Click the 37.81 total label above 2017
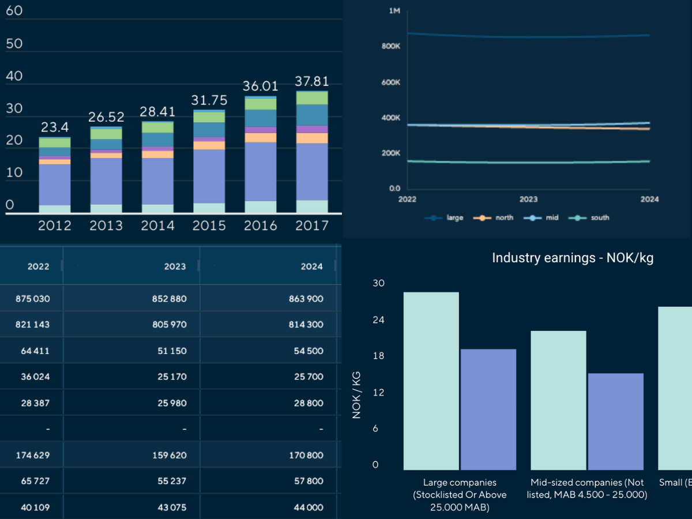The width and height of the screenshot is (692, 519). pos(312,80)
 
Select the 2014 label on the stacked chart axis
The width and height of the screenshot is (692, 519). pos(157,225)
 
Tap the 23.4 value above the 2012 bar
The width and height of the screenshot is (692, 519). pos(55,127)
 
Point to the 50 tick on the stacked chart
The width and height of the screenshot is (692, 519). pos(14,44)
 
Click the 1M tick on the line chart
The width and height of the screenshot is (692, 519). pos(394,11)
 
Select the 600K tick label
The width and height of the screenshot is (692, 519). pos(391,82)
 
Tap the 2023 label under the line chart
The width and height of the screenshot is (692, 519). pos(528,200)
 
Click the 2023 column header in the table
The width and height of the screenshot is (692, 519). pos(175,266)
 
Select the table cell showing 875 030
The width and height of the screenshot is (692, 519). pos(32,299)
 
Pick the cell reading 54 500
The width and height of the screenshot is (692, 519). pos(309,351)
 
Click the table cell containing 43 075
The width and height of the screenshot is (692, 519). pos(171,507)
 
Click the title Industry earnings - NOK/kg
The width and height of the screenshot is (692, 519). pos(572,258)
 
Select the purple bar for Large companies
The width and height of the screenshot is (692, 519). pos(488,409)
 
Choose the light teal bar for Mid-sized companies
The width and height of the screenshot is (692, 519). pos(558,400)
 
